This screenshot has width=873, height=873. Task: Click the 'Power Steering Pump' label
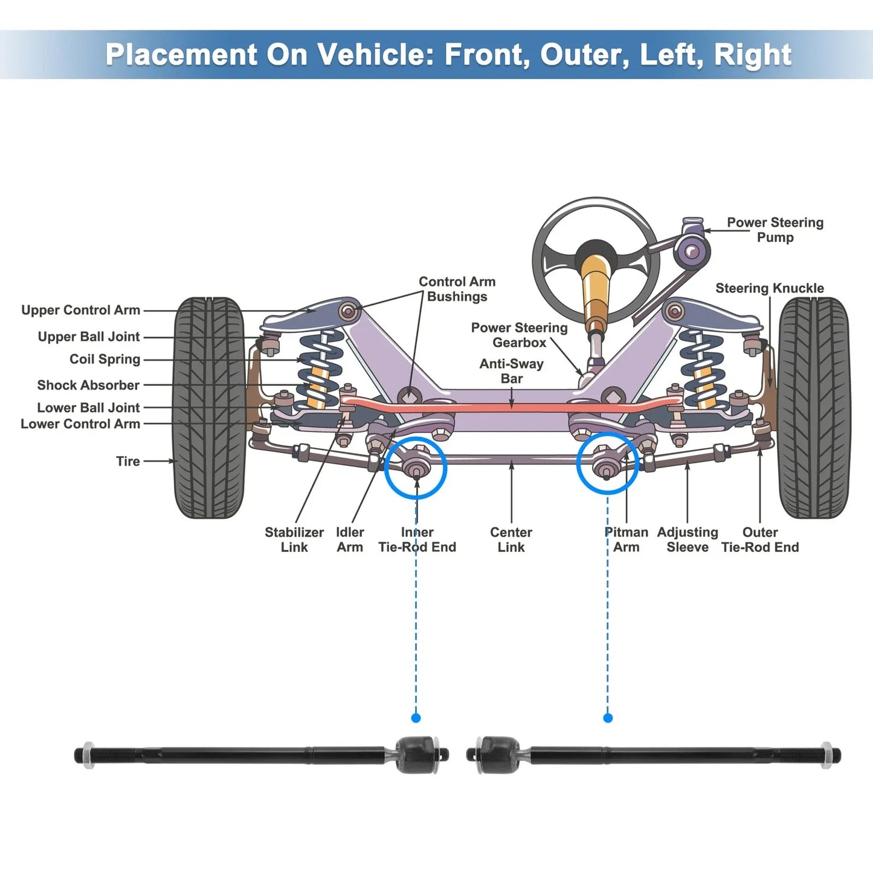coord(775,230)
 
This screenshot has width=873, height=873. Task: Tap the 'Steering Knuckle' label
coord(769,288)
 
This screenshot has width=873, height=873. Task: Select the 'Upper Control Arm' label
coord(80,310)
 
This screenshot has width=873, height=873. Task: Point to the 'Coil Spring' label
coord(105,359)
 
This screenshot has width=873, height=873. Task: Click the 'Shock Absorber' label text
coord(88,385)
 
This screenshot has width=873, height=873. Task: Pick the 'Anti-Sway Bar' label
coord(511,371)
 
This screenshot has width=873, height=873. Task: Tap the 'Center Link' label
coord(511,540)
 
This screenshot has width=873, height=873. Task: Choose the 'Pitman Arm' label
coord(626,540)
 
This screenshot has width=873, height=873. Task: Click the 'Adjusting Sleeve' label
coord(688,540)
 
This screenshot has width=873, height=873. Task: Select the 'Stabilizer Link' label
coord(294,540)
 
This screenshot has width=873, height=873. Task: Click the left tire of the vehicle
coord(209,408)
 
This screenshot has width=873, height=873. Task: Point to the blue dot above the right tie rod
coord(608,718)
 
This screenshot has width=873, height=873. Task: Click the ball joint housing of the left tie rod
coord(417,754)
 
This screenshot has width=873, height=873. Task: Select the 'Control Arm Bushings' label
coord(457,289)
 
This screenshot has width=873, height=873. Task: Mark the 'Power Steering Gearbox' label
coord(519,335)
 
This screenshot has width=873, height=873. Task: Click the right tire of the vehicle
coord(814,408)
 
